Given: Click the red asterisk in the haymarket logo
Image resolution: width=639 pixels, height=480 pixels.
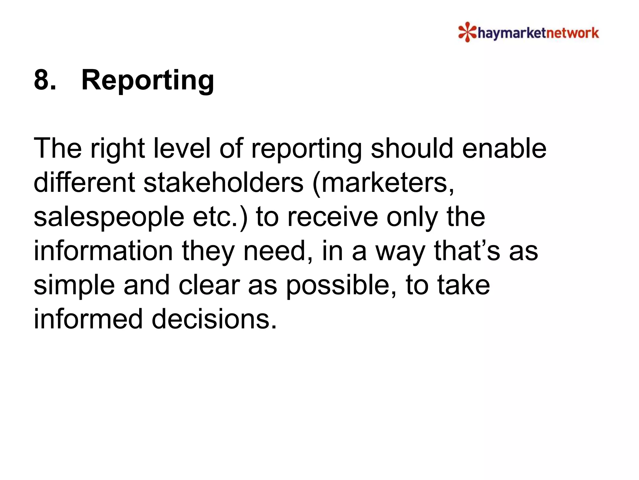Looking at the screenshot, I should point(467,32).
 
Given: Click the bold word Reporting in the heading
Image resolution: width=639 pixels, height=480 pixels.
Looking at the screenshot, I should point(148,80).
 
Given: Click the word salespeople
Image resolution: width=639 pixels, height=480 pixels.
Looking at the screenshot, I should point(109,217).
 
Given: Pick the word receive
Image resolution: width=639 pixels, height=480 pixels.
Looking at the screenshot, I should point(332,217).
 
